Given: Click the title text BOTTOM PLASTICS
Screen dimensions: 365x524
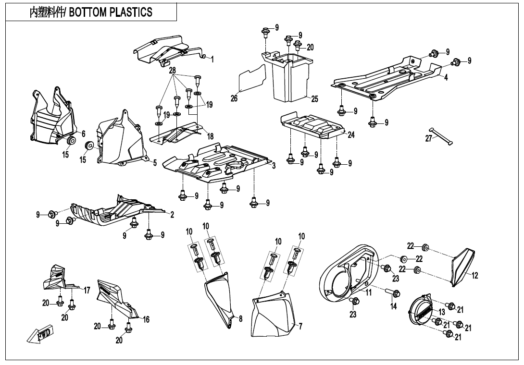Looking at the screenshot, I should [111, 12].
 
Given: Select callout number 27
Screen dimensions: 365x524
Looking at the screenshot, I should [429, 138].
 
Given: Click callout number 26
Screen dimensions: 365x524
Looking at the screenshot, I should [234, 98].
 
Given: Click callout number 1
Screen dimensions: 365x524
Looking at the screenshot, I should [212, 59].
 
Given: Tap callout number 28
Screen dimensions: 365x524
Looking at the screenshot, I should [173, 71].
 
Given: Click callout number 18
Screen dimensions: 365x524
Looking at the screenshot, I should [210, 136].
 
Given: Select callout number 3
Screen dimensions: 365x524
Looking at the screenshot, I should [274, 166].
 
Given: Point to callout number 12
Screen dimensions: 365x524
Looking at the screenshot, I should [475, 276].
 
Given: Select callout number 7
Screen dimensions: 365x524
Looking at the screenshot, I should [300, 327].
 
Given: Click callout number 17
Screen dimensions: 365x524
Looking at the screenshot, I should [87, 290].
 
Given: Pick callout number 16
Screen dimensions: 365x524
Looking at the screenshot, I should [146, 319].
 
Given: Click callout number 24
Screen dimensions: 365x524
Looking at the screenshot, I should [351, 135].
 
